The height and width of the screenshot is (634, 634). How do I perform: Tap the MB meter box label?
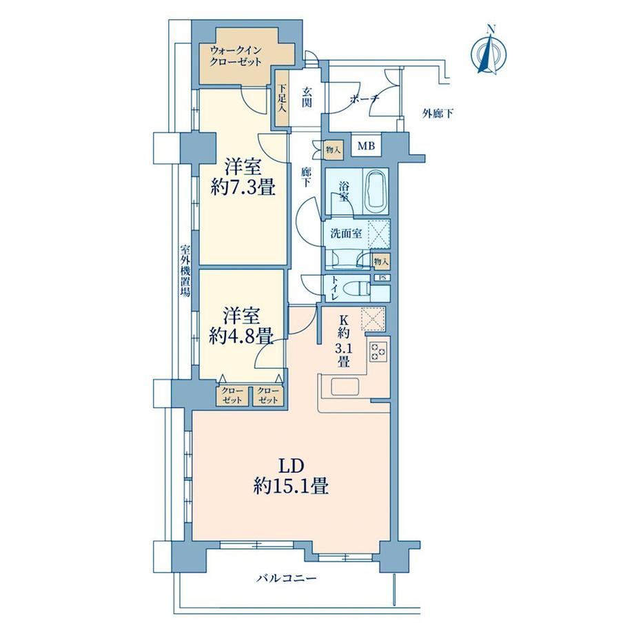pos(367,145)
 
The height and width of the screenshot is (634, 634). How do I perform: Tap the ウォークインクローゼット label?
pos(236,57)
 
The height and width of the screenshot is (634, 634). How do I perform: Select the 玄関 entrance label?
pos(306,98)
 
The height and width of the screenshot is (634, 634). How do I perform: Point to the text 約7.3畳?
pos(243,187)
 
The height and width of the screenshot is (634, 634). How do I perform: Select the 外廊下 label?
pos(438,114)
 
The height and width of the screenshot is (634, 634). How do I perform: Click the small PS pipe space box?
pos(382,278)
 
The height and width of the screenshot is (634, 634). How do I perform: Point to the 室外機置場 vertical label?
pos(185,271)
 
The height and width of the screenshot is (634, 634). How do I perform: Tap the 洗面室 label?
pos(346,234)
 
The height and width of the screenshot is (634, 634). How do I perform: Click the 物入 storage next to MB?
pos(333,150)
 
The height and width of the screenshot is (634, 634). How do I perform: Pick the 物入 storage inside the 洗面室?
pos(381,262)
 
